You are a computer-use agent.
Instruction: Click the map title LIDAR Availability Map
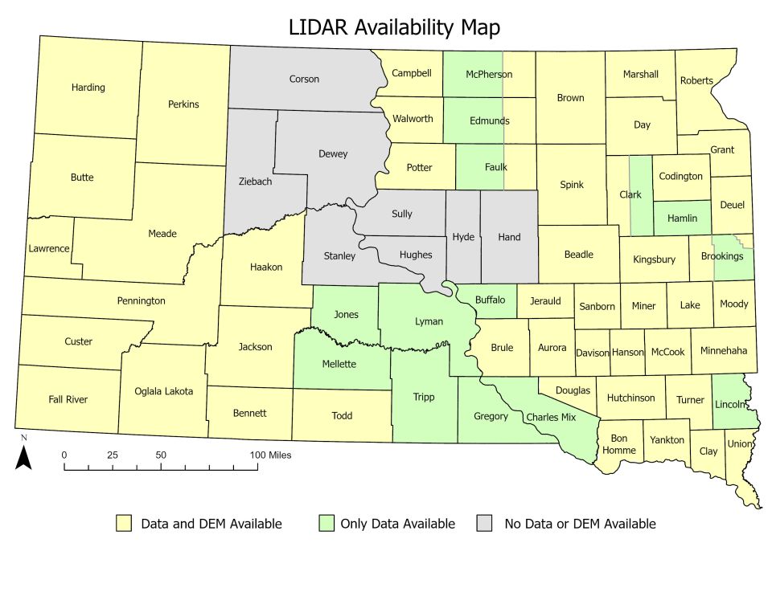point(394,27)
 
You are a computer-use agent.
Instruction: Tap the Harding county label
point(88,88)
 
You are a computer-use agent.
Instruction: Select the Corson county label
point(304,79)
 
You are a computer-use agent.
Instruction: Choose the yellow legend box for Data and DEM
point(124,524)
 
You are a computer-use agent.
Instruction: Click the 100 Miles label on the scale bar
point(269,455)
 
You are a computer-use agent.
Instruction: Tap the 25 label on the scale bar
point(113,455)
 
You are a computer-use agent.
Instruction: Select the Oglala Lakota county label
point(164,391)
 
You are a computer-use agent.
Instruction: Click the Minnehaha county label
point(724,351)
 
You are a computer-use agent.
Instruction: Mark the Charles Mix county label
point(551,418)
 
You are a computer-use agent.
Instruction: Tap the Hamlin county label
point(682,218)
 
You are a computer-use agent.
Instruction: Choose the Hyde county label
point(463,237)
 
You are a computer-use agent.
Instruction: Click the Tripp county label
point(423,396)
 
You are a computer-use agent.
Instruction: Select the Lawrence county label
point(49,248)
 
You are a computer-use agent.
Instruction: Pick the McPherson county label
point(489,75)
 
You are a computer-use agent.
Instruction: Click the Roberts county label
point(696,80)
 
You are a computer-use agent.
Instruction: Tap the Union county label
point(740,443)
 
